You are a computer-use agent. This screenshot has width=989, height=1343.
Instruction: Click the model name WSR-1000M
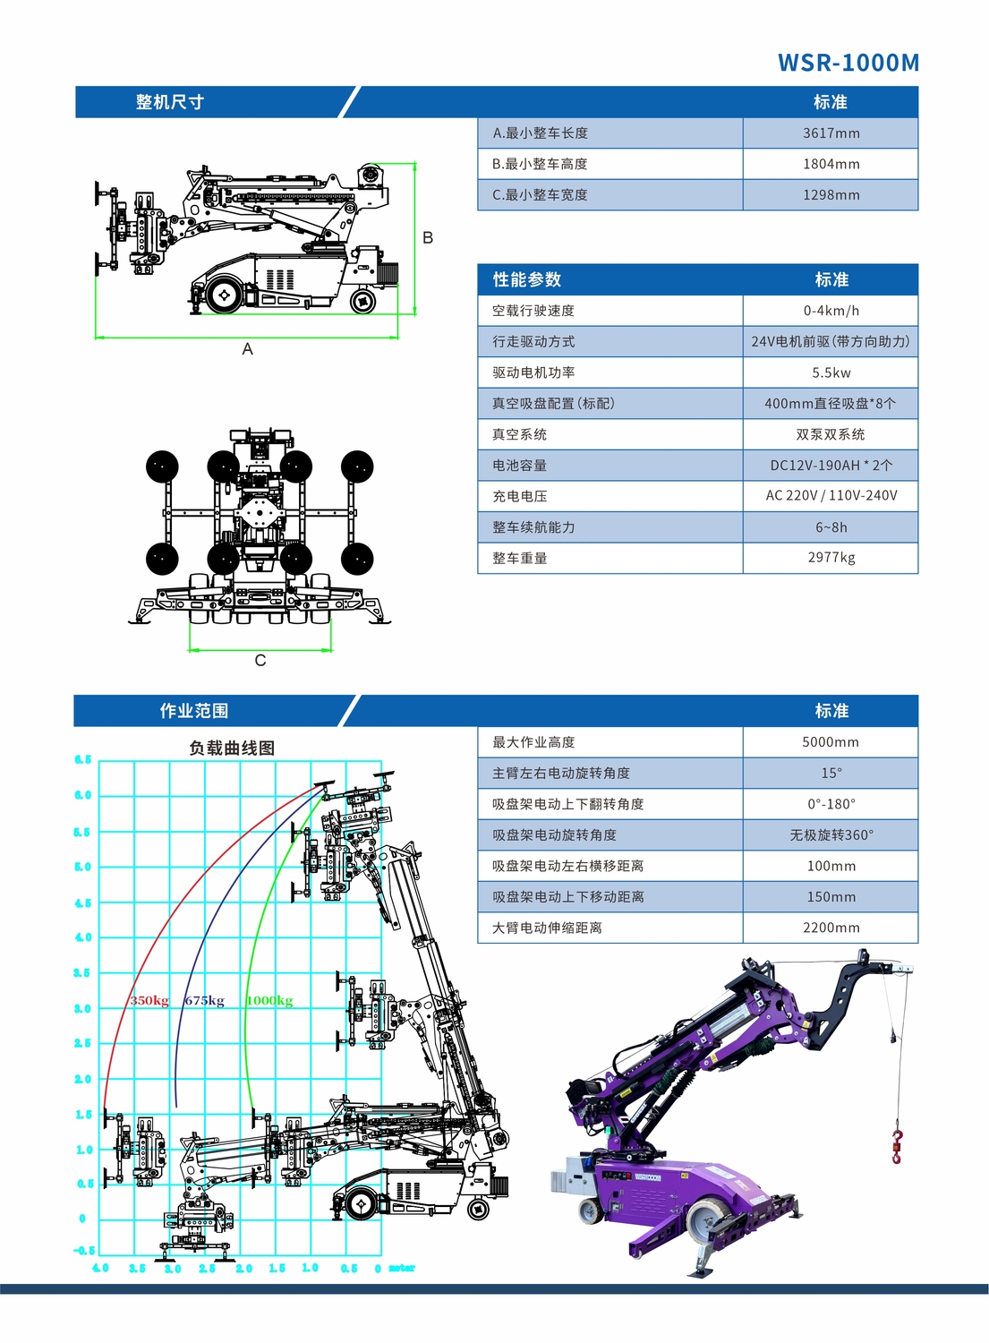[x=848, y=63]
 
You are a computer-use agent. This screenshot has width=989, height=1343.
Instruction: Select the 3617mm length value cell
[x=831, y=133]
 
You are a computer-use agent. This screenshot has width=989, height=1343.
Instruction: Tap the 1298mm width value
[x=831, y=195]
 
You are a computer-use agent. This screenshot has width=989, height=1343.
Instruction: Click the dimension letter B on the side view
[x=428, y=238]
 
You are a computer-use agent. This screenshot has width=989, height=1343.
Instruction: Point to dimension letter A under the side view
[x=248, y=349]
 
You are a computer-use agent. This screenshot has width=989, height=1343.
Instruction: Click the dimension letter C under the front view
[x=260, y=661]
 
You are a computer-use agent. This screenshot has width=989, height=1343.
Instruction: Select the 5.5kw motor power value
[x=831, y=372]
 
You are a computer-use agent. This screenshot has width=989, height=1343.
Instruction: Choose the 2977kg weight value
[x=831, y=558]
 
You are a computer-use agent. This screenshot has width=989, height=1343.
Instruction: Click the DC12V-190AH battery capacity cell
[x=831, y=466]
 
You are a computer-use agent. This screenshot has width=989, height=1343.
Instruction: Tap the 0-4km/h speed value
[x=831, y=311]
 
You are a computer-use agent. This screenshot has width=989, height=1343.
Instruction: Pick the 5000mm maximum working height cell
[x=831, y=742]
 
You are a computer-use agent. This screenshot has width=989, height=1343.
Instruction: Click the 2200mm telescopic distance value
[x=831, y=928]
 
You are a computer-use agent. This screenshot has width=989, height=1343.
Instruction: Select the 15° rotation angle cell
[x=831, y=774]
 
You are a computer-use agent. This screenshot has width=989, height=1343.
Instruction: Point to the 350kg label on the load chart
[x=149, y=1001]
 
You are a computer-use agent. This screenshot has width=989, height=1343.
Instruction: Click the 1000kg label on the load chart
[x=269, y=1001]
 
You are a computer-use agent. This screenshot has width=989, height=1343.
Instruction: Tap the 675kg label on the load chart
[x=204, y=1001]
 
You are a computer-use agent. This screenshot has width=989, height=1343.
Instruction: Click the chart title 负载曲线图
[x=232, y=748]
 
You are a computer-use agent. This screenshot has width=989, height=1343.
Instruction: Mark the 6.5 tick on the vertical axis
[x=82, y=760]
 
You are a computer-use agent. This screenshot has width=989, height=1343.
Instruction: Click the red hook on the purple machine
[x=897, y=1146]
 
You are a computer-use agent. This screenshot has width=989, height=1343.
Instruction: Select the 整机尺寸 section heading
[x=170, y=102]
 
